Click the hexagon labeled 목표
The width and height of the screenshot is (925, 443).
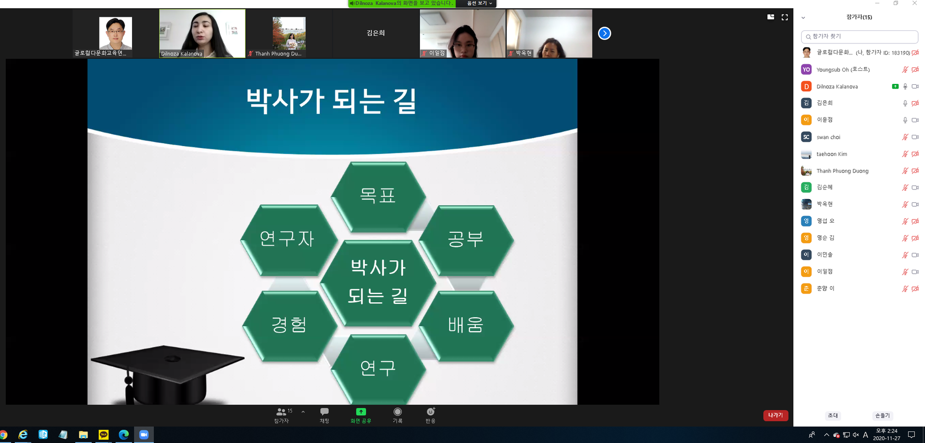378,196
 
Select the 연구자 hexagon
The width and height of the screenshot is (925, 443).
288,239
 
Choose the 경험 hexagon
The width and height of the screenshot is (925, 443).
289,325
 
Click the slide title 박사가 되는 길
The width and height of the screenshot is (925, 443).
331,101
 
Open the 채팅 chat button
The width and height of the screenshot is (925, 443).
324,415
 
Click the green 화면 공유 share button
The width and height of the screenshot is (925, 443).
361,415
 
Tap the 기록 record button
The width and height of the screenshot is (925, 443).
397,415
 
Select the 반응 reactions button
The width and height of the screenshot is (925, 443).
430,415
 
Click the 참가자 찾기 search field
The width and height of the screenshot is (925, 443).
859,37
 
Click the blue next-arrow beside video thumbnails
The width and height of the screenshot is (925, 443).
604,33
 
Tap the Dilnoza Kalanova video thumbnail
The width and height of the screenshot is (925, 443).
202,33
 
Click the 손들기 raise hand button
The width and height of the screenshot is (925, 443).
883,416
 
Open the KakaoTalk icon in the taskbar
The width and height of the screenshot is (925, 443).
104,435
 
